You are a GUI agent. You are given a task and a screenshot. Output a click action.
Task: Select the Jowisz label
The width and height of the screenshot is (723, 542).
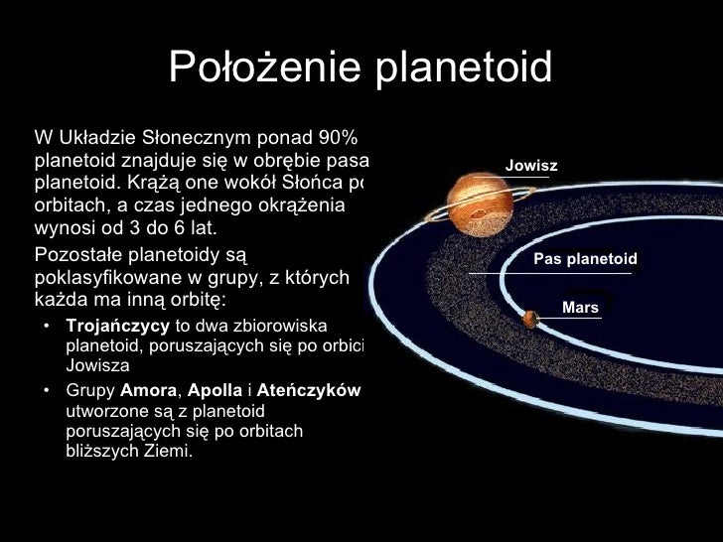pyautogui.click(x=531, y=166)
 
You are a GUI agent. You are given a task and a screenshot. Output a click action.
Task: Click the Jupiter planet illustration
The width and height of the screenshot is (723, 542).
pyautogui.click(x=475, y=204)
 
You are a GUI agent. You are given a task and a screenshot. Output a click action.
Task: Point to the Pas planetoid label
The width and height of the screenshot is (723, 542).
pyautogui.click(x=585, y=258)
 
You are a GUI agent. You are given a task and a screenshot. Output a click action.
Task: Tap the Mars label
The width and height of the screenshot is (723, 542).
pyautogui.click(x=580, y=308)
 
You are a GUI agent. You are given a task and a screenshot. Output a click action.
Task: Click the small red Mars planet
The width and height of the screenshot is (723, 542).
pyautogui.click(x=530, y=319)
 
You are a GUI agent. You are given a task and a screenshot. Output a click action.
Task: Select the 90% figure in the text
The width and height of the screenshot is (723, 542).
pyautogui.click(x=343, y=137)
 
